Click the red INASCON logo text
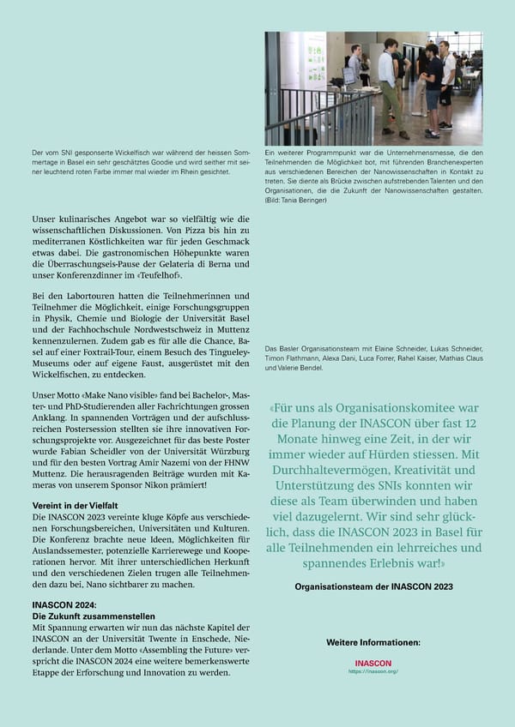click(373, 664)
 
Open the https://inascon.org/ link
click(373, 671)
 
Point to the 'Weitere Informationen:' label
click(373, 641)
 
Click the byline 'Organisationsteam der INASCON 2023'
click(373, 586)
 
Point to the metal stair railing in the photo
click(318, 116)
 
